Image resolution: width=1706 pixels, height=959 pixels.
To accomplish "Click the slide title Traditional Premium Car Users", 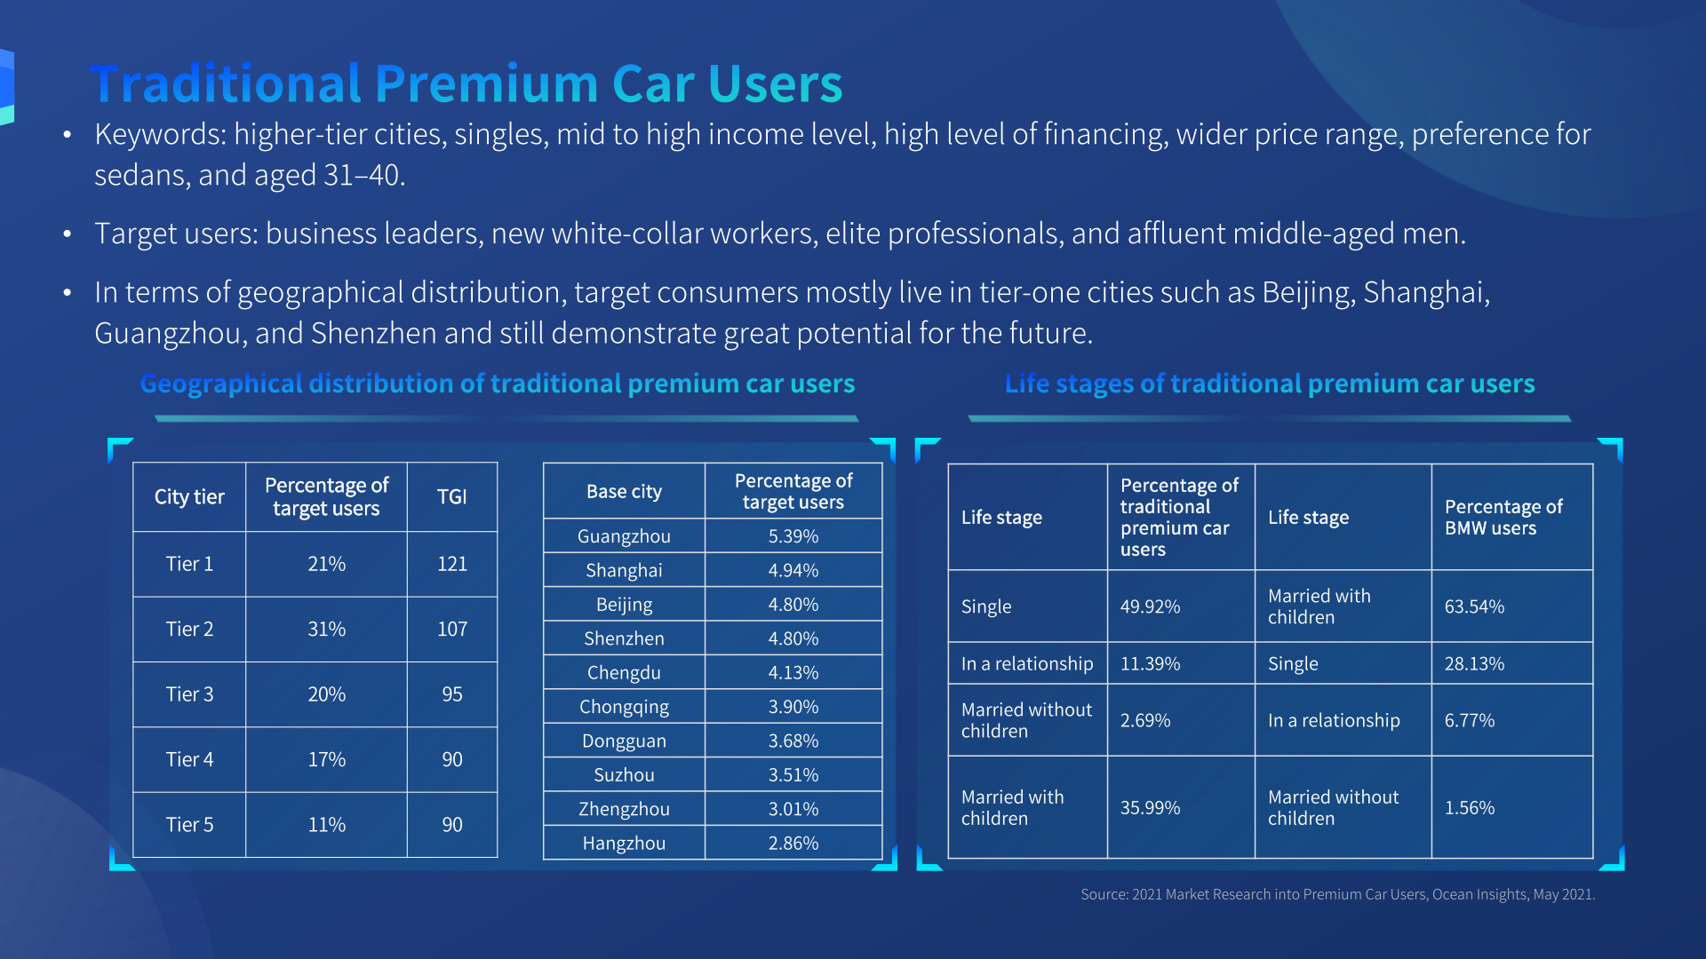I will tap(466, 83).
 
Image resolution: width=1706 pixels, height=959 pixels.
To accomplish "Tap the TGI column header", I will tap(451, 496).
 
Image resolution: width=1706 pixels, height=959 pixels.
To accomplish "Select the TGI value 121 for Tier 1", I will tap(451, 564).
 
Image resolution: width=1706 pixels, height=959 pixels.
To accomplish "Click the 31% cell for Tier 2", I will tap(326, 629).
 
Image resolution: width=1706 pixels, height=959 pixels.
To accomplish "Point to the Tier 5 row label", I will tap(189, 824).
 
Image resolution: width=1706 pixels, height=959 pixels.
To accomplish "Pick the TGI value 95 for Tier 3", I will tap(451, 694).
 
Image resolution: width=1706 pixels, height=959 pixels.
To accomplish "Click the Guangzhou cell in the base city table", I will tap(624, 536).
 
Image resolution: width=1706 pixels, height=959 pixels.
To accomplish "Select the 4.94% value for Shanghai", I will tap(793, 570).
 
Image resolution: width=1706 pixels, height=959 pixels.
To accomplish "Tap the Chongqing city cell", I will tap(624, 707).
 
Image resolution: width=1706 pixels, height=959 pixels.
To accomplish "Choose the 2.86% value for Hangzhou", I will tap(793, 843).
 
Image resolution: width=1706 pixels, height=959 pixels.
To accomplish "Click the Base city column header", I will tap(624, 491).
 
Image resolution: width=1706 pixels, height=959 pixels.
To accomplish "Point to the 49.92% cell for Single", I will tap(1150, 606).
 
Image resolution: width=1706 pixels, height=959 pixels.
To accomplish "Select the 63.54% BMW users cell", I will tap(1474, 606).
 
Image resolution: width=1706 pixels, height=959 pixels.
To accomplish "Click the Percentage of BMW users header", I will tap(1503, 517).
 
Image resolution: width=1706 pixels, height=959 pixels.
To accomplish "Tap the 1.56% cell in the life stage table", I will tap(1470, 808).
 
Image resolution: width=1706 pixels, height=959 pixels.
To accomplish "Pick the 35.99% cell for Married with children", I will tap(1150, 808).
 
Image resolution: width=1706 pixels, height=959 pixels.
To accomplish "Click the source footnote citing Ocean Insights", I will tap(1337, 894).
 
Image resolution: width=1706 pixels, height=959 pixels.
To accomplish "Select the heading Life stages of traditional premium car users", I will tap(1269, 384).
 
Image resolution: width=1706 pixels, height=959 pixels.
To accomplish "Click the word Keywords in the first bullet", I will tap(160, 135).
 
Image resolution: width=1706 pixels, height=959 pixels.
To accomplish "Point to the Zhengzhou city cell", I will tap(624, 809).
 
